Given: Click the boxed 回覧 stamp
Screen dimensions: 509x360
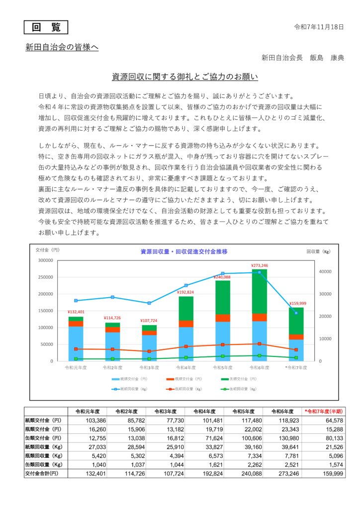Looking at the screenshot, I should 46,27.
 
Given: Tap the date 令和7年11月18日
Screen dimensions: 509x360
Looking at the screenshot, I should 319,27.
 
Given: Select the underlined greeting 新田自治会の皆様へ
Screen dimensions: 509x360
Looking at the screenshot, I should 62,48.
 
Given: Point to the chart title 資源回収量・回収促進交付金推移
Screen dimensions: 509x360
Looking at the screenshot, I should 184,252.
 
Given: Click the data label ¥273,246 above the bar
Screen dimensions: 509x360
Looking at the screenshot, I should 260,265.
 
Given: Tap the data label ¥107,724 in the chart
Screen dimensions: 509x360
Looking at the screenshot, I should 149,321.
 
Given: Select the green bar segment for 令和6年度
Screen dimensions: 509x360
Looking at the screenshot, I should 260,291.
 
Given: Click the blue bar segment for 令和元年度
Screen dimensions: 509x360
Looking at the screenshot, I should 76,343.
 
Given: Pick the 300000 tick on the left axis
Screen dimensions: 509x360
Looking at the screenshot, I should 45,260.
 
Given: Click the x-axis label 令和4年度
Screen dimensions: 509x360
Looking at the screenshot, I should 186,367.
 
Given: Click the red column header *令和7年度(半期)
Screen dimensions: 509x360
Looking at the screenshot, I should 325,412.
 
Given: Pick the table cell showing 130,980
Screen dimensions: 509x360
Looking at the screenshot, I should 285,438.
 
